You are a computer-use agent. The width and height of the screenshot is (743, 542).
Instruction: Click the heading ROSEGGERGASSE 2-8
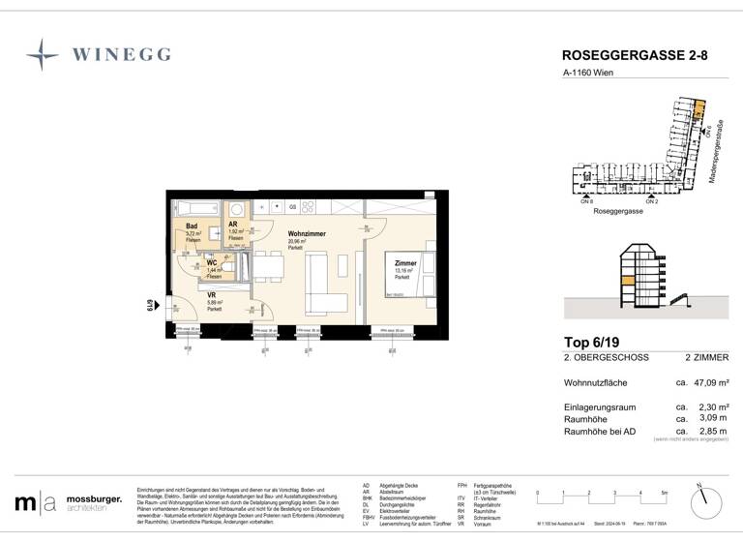click(634, 57)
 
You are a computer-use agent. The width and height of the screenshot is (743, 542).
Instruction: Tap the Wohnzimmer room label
click(308, 234)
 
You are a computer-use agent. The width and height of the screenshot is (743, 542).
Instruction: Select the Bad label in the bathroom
click(193, 226)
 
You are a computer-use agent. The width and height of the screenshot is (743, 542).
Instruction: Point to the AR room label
click(234, 224)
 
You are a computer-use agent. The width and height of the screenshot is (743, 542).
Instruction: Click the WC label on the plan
click(212, 262)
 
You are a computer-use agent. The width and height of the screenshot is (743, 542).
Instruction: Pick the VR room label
click(212, 295)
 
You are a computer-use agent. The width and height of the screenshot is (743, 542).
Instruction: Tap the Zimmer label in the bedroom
click(405, 263)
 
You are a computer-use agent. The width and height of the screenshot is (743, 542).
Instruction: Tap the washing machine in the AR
click(235, 208)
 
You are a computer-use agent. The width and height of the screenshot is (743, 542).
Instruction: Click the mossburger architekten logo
click(69, 502)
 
